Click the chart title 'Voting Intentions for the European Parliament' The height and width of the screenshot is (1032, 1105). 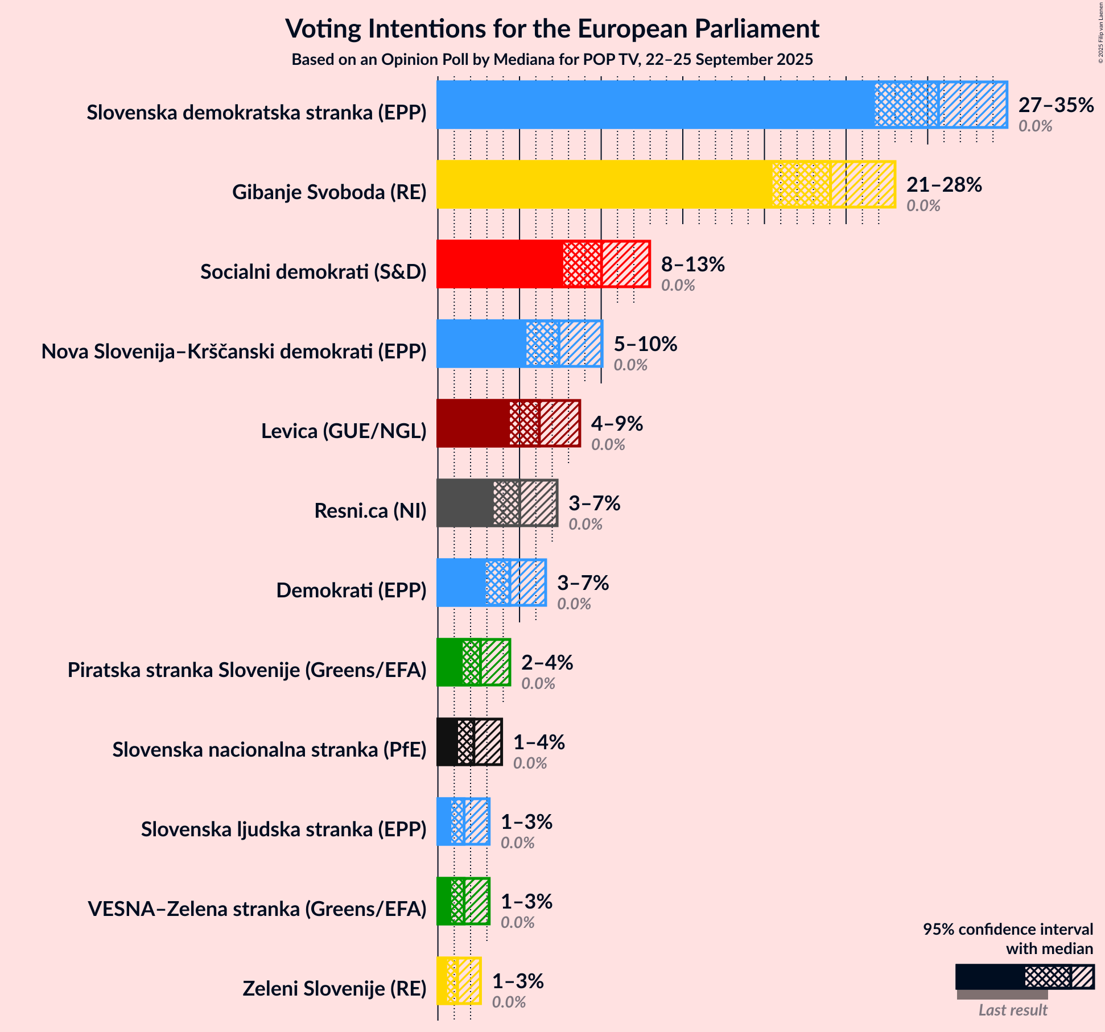click(x=552, y=28)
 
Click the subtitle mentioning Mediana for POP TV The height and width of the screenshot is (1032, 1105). click(x=552, y=60)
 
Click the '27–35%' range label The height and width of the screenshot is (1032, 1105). click(x=1055, y=105)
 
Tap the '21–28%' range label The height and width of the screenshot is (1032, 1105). click(x=944, y=185)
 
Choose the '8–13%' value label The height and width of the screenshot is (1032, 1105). click(x=692, y=265)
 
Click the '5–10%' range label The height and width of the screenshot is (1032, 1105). click(x=645, y=344)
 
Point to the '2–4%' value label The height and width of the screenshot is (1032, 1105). click(x=547, y=663)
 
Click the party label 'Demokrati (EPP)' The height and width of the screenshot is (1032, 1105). click(x=351, y=591)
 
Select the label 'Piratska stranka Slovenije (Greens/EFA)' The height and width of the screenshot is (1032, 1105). click(x=247, y=670)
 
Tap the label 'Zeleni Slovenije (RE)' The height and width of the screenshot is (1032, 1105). click(x=334, y=989)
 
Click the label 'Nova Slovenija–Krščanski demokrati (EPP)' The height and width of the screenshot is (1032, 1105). click(x=234, y=352)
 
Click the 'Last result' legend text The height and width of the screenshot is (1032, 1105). click(x=1012, y=1010)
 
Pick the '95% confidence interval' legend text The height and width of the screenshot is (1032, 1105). click(x=1008, y=929)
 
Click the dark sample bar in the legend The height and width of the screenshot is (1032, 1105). click(x=990, y=977)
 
